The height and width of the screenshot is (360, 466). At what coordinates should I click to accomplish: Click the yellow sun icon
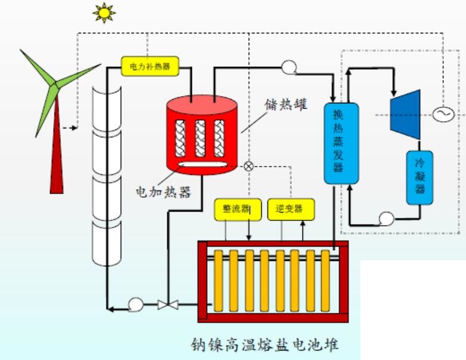click(x=104, y=13)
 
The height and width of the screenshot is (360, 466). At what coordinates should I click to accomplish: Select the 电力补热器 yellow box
click(x=150, y=66)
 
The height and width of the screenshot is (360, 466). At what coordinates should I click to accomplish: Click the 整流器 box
click(x=237, y=209)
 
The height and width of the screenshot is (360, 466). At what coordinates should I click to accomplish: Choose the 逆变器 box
click(x=290, y=209)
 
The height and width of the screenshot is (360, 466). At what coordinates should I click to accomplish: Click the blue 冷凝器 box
click(x=420, y=177)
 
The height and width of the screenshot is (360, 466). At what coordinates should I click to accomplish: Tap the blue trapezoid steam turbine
click(x=405, y=113)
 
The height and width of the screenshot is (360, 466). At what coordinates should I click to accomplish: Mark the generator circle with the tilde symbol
click(x=443, y=113)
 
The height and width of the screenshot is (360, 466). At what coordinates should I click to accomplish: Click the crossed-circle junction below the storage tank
click(x=248, y=166)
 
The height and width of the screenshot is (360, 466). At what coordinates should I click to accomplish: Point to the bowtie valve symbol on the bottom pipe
click(x=167, y=305)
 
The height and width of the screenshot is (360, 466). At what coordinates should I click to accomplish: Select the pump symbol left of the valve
click(x=135, y=304)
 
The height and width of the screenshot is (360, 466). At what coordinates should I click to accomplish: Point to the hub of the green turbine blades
click(x=54, y=84)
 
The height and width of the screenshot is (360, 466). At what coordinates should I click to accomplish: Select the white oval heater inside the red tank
click(x=203, y=165)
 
